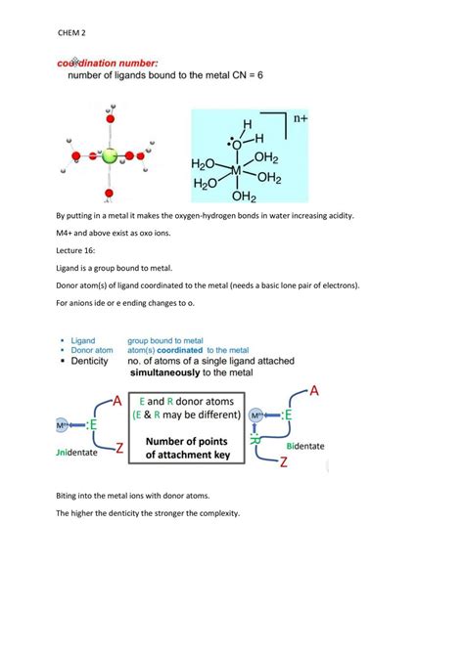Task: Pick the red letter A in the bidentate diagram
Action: pos(315,391)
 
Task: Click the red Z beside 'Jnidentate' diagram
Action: pos(118,449)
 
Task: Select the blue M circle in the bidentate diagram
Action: pos(257,416)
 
